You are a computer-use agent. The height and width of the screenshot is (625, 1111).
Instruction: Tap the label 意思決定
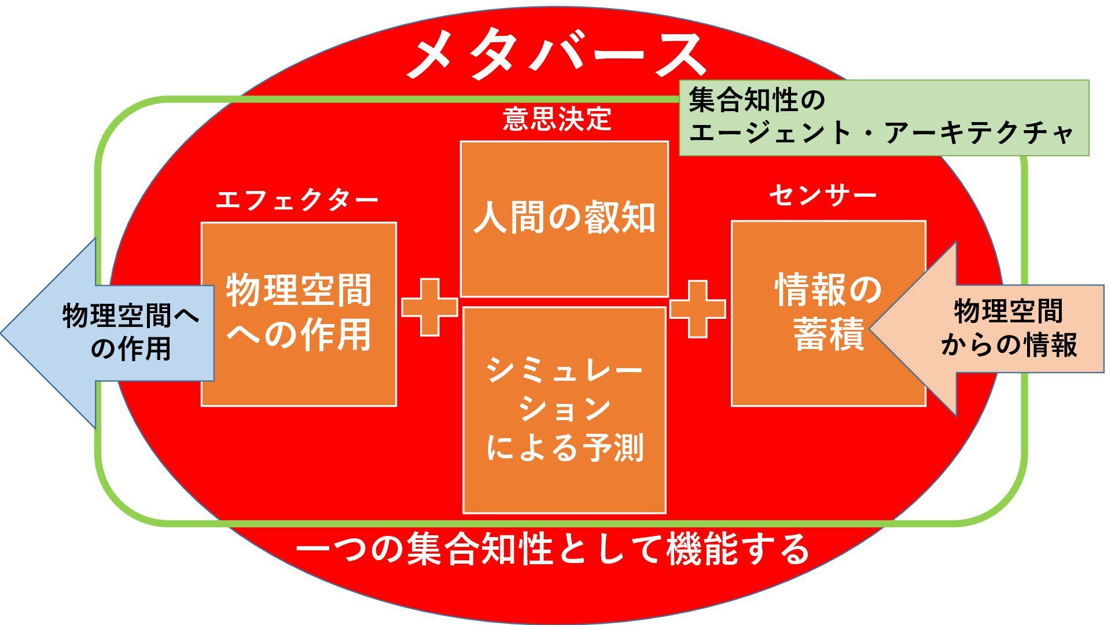pyautogui.click(x=557, y=119)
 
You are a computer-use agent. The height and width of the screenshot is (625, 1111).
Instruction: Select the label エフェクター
pyautogui.click(x=297, y=200)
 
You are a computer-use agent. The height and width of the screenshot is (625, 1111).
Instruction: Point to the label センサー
pyautogui.click(x=822, y=196)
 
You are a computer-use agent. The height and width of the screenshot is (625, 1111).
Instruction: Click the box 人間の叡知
pyautogui.click(x=564, y=218)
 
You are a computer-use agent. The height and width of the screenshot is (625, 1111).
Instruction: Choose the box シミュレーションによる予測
pyautogui.click(x=564, y=410)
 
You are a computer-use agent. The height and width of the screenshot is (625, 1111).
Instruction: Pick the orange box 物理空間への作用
pyautogui.click(x=299, y=314)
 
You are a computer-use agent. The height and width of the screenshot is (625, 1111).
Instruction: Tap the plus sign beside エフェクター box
pyautogui.click(x=429, y=307)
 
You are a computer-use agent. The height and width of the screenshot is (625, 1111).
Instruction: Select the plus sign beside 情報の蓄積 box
pyautogui.click(x=697, y=309)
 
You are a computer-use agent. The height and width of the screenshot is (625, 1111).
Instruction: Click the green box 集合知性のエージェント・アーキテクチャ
pyautogui.click(x=883, y=117)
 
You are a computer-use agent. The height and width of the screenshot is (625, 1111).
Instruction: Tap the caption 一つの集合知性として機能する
pyautogui.click(x=553, y=549)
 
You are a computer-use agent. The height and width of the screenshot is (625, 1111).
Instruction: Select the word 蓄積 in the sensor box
pyautogui.click(x=829, y=334)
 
